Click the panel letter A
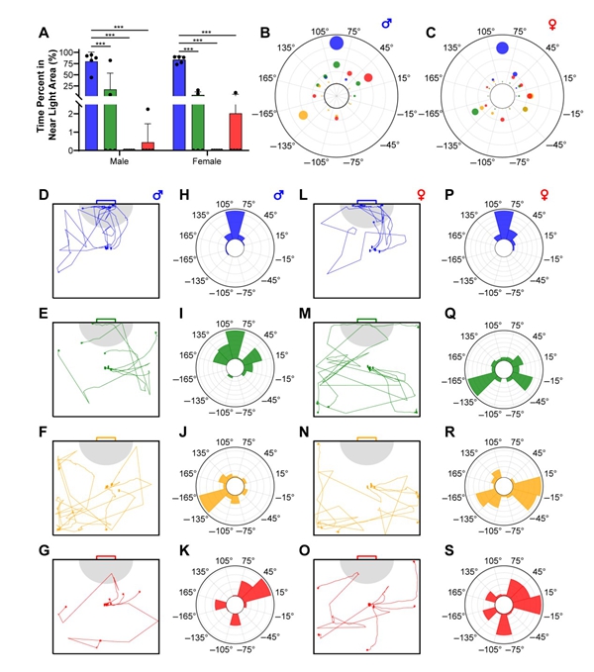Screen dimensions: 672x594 (x=44, y=32)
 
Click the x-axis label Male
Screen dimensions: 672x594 (x=120, y=161)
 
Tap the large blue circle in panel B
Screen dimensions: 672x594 (x=336, y=42)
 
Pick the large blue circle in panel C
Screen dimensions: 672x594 (x=502, y=47)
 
